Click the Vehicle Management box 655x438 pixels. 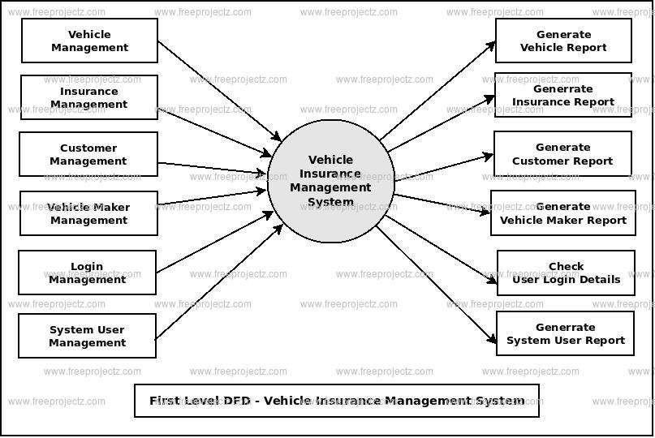89,41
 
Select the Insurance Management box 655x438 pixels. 89,97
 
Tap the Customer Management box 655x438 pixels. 88,154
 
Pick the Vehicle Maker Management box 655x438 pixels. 88,213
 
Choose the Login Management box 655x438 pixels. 88,273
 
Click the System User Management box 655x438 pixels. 88,336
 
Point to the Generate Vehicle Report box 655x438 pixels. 563,41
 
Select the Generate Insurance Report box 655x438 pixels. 563,95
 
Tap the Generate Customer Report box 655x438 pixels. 562,154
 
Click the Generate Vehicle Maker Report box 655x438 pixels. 563,213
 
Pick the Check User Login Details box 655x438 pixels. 566,273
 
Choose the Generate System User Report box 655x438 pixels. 566,333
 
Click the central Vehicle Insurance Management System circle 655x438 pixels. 331,181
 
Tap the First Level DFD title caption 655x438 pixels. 336,401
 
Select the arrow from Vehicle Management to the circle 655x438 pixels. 219,91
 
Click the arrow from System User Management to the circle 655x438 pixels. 219,281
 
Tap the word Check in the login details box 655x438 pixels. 566,266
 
